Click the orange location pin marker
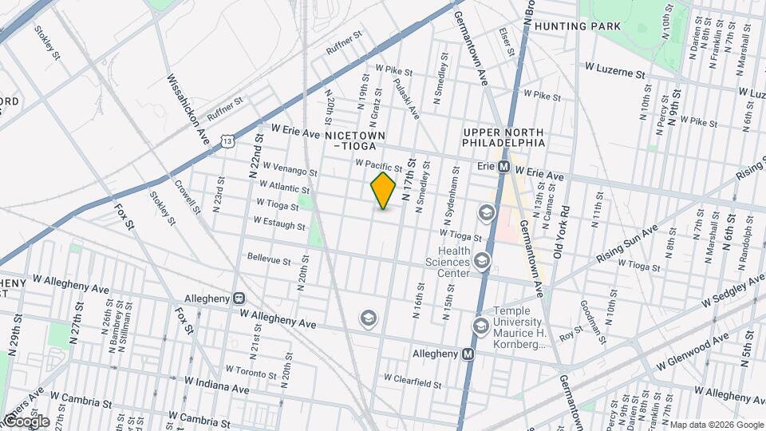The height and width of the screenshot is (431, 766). pos(384,190)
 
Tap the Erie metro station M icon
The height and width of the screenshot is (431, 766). pos(504,168)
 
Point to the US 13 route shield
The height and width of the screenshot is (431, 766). pos(228,141)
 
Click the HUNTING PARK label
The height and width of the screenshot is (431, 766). pos(578,26)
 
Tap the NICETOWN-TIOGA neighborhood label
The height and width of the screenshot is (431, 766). pos(356,140)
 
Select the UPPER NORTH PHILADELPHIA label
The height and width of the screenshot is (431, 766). pos(503,137)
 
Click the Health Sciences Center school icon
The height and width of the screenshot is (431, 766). pos(481,260)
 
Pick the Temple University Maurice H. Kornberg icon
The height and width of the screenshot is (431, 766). pos(480,325)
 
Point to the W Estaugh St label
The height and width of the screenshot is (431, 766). pos(280,225)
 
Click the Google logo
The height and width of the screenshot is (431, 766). pos(26,421)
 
